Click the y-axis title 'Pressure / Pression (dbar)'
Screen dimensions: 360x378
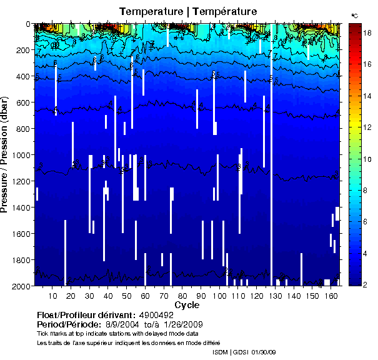click(11, 155)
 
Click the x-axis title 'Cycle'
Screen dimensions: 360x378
click(187, 305)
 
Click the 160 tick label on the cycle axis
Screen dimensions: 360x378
click(332, 296)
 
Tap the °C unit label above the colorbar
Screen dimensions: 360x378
click(354, 16)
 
